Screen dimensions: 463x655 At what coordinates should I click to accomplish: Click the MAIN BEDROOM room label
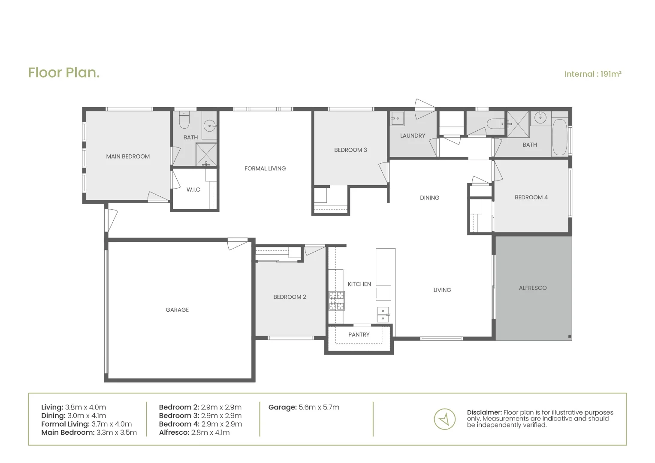click(x=128, y=156)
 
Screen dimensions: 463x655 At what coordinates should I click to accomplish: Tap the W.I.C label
click(x=193, y=189)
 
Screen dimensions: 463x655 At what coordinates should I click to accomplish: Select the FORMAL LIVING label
click(x=265, y=168)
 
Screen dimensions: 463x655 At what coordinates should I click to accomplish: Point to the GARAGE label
click(x=177, y=310)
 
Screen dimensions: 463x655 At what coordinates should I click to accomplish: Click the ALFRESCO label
click(x=533, y=288)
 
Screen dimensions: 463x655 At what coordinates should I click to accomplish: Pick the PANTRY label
click(x=359, y=334)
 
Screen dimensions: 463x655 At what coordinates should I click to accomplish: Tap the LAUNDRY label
click(x=412, y=135)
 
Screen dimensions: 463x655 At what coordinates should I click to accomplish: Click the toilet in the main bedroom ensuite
click(x=184, y=121)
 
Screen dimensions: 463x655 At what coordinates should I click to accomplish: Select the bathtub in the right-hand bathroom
click(x=559, y=137)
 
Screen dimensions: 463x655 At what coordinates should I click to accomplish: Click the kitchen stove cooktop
click(x=337, y=301)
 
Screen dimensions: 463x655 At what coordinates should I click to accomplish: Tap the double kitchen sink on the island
click(x=383, y=314)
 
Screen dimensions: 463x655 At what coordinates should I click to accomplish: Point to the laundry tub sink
click(x=397, y=119)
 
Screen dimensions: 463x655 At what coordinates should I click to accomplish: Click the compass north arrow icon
click(x=445, y=419)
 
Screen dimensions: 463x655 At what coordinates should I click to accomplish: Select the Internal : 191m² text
click(x=593, y=74)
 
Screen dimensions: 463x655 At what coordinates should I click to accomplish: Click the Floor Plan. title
click(x=64, y=72)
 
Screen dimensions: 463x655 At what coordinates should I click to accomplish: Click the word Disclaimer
click(x=484, y=412)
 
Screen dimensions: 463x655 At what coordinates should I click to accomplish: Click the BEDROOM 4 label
click(x=531, y=197)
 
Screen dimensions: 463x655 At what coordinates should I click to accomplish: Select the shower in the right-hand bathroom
click(x=518, y=124)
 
